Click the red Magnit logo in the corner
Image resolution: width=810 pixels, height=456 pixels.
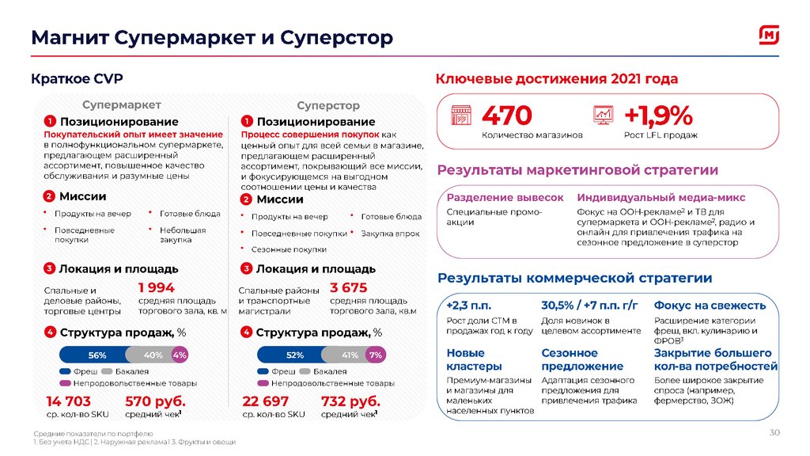click(770, 36)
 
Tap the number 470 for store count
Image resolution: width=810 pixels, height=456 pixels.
click(507, 116)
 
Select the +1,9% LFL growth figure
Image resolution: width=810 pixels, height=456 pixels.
click(658, 116)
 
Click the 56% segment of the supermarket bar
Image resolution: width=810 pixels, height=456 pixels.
click(93, 355)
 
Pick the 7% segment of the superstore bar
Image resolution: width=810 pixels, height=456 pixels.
click(375, 355)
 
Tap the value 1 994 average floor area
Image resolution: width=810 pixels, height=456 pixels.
click(156, 288)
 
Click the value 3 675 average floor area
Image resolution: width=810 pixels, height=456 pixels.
click(349, 288)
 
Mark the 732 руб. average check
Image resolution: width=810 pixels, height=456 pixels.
click(350, 401)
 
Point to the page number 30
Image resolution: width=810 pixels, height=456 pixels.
click(774, 432)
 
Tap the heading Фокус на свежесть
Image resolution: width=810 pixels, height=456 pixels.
click(710, 306)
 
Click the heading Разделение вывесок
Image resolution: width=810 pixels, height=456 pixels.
click(505, 197)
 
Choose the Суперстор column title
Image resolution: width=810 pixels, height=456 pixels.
click(328, 105)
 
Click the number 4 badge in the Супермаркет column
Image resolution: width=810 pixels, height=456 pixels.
click(49, 332)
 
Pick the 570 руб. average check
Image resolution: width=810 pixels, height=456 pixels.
click(154, 401)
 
